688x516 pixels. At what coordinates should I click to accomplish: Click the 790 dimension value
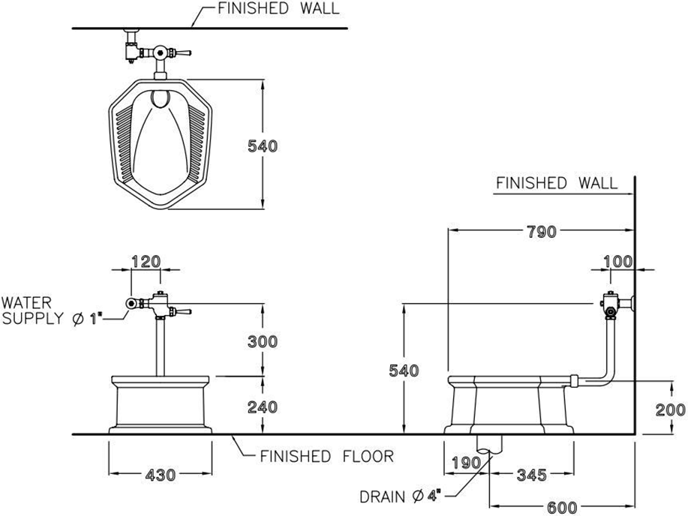pyautogui.click(x=541, y=232)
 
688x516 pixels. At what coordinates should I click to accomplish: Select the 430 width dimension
pyautogui.click(x=161, y=475)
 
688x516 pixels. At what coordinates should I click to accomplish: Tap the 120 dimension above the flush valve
pyautogui.click(x=146, y=262)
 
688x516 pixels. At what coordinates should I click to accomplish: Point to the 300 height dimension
pyautogui.click(x=263, y=341)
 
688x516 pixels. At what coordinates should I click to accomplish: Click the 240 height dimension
pyautogui.click(x=263, y=406)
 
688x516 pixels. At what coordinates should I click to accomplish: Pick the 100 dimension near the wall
pyautogui.click(x=617, y=262)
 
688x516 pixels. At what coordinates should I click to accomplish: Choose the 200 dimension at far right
pyautogui.click(x=670, y=409)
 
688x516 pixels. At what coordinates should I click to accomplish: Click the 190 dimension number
pyautogui.click(x=466, y=463)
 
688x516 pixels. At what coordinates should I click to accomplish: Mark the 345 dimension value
pyautogui.click(x=530, y=475)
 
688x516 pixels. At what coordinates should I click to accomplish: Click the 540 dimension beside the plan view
pyautogui.click(x=263, y=146)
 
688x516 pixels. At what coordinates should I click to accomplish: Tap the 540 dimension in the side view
pyautogui.click(x=404, y=370)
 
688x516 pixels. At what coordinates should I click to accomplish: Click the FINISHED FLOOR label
pyautogui.click(x=326, y=456)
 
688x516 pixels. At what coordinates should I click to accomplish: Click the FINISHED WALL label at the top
pyautogui.click(x=278, y=10)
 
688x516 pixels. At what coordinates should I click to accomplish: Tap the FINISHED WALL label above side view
pyautogui.click(x=557, y=183)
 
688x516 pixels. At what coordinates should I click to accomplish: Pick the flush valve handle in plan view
pyautogui.click(x=182, y=52)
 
